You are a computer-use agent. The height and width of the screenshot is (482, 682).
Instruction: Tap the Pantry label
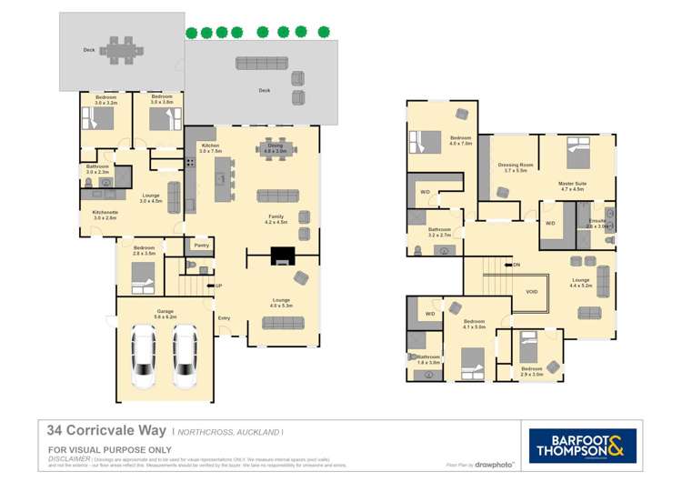tap(202, 245)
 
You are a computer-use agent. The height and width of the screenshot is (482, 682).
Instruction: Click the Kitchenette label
tap(105, 216)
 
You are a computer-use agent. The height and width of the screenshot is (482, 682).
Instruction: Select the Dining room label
tap(275, 148)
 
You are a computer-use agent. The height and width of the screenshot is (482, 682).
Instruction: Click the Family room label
tap(275, 219)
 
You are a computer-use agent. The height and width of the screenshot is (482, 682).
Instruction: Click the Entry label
tap(224, 317)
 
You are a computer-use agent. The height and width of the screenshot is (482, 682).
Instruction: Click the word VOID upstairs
tap(532, 292)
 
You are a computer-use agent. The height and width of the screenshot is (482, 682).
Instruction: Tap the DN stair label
tap(517, 265)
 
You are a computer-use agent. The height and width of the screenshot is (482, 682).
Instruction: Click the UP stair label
tap(218, 286)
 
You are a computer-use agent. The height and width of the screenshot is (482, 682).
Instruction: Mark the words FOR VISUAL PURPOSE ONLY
tap(109, 450)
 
